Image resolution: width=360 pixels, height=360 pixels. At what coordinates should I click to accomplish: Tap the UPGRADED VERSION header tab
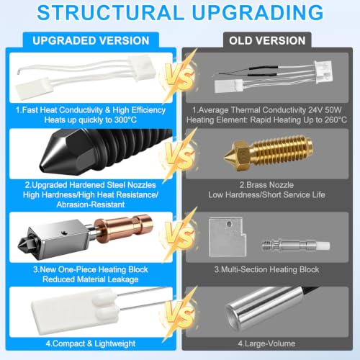(x=91, y=40)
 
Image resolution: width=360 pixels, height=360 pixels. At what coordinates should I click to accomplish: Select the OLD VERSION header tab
(x=267, y=40)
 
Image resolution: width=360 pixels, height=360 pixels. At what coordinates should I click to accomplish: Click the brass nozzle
(x=269, y=153)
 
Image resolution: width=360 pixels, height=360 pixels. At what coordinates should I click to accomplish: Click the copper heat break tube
(x=122, y=228)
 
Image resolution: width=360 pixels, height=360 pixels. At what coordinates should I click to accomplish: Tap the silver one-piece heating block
(x=58, y=235)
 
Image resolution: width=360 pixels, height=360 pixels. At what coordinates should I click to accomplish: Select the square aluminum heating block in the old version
(x=228, y=237)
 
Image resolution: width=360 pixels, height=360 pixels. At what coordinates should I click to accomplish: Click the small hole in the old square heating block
(x=229, y=224)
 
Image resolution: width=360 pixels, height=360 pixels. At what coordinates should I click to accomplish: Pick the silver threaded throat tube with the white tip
(x=296, y=246)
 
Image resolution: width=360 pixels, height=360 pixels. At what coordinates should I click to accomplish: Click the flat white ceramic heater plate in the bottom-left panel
(x=75, y=312)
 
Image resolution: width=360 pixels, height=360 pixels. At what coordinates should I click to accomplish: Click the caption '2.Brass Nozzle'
(x=266, y=185)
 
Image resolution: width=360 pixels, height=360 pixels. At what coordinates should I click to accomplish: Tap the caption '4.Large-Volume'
(x=266, y=343)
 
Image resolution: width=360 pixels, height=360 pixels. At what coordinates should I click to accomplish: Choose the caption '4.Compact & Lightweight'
(x=91, y=343)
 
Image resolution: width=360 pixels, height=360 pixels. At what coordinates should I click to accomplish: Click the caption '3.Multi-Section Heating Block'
(x=266, y=269)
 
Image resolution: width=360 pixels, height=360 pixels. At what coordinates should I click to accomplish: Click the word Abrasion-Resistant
(x=91, y=204)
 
